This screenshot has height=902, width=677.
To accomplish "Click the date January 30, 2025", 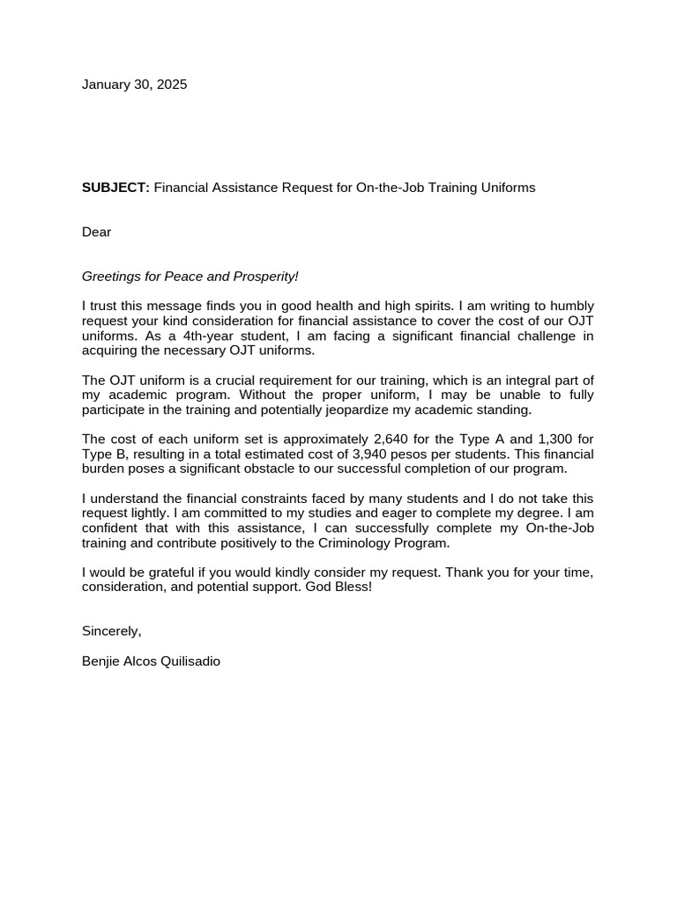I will click(134, 85).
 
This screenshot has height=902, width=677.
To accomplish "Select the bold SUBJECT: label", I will click(116, 188).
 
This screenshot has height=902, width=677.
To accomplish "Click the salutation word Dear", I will click(97, 232).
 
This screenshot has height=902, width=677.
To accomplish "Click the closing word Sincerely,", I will click(112, 631).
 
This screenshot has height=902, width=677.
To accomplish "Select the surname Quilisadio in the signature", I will click(190, 661).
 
